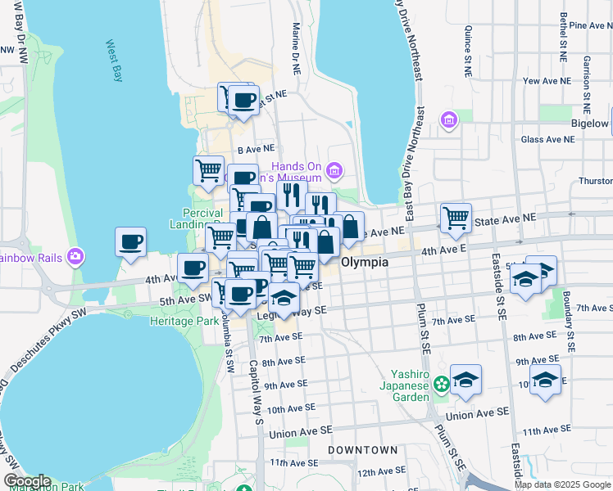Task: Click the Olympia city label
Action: [364, 263]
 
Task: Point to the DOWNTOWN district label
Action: [362, 450]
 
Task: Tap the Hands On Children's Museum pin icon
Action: [334, 171]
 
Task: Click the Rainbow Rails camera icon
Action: [76, 257]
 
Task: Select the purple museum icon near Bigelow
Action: [448, 121]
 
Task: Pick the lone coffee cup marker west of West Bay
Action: [131, 243]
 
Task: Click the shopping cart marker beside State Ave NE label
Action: [456, 218]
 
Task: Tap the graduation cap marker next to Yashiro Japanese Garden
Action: [465, 380]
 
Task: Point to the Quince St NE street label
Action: [468, 51]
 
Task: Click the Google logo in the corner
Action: [26, 481]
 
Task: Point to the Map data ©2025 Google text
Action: [562, 484]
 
